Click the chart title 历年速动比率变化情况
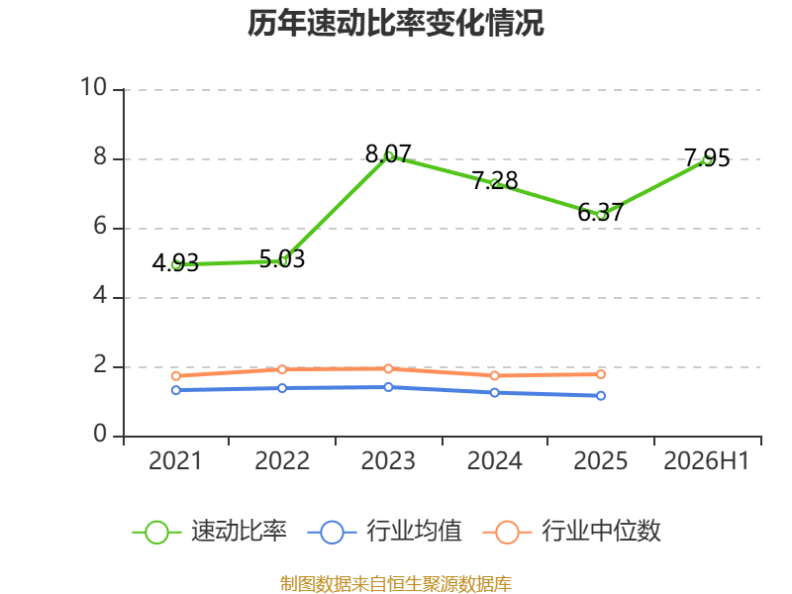[x=395, y=23]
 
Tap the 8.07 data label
[x=388, y=154]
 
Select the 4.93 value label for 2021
[x=175, y=262]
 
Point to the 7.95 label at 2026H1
[x=707, y=158]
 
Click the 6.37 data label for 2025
[x=601, y=213]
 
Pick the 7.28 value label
[x=495, y=181]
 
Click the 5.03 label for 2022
[x=282, y=259]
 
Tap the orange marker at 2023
[x=388, y=368]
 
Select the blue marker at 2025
[x=601, y=396]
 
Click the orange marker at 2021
[x=176, y=376]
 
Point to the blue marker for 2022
[x=282, y=388]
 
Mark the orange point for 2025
[x=601, y=374]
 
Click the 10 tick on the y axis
[x=93, y=87]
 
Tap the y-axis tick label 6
[x=100, y=227]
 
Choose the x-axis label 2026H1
[x=706, y=461]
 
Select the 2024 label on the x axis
[x=494, y=461]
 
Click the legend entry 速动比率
[x=209, y=532]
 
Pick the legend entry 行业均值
[x=384, y=532]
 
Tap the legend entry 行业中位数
[x=572, y=532]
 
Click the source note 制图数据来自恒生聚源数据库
[x=396, y=584]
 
